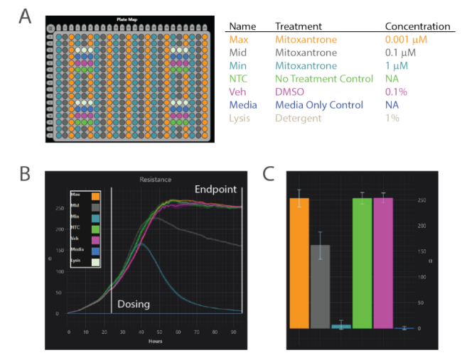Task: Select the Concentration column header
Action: click(x=418, y=26)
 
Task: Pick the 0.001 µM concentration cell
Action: click(x=406, y=39)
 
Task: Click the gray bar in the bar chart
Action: click(x=320, y=286)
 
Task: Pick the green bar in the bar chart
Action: click(x=362, y=263)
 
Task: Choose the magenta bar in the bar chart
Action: click(x=383, y=263)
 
